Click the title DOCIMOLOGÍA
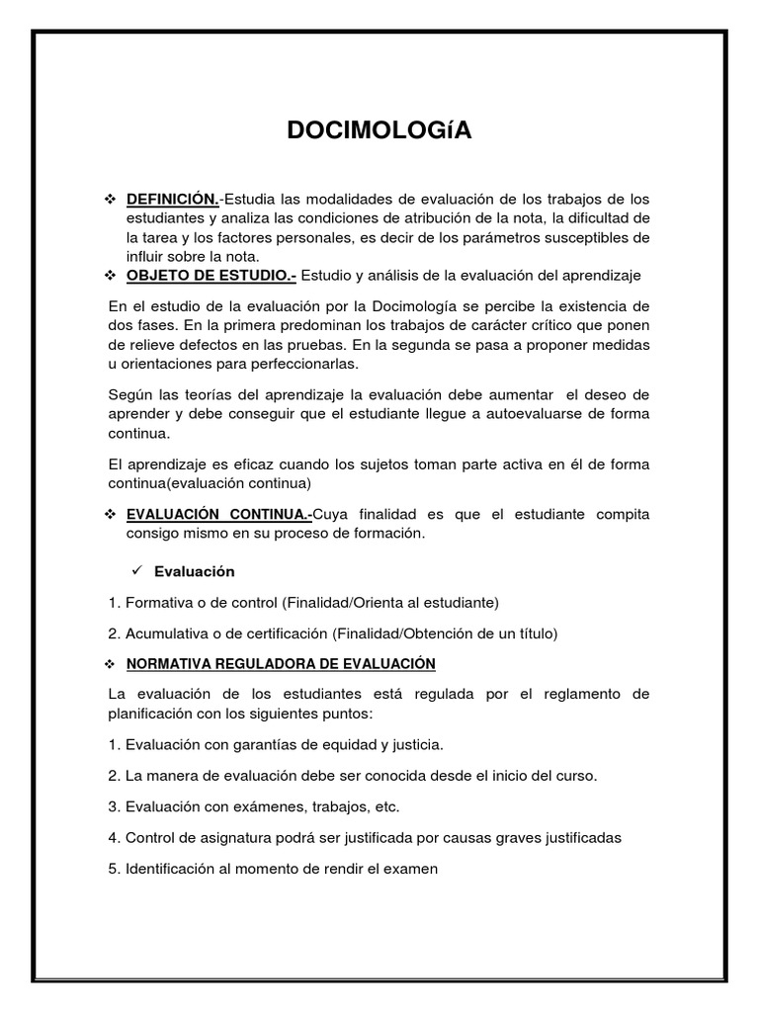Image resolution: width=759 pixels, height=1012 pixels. coord(379,131)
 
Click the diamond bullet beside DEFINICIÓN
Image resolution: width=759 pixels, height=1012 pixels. coord(111,201)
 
